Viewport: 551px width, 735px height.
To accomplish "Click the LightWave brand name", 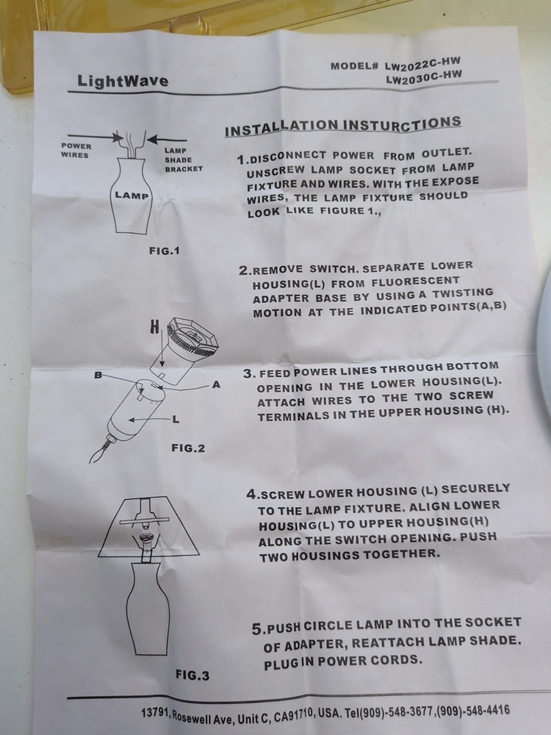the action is tap(123, 81).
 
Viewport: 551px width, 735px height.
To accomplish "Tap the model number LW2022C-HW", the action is tap(422, 63).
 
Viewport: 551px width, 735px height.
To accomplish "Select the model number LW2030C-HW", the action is tap(424, 76).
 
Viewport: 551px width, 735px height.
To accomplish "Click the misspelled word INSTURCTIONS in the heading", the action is tap(402, 124).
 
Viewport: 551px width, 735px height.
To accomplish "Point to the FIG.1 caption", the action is tap(164, 251).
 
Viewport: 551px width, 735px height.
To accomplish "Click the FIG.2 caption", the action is tap(188, 448).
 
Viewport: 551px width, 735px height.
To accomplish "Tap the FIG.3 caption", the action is tap(192, 675).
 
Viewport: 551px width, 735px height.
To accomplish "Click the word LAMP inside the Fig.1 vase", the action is tap(132, 195).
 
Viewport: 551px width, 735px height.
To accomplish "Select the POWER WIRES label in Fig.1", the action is tap(76, 151).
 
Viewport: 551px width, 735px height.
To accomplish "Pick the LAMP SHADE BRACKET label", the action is tap(183, 159).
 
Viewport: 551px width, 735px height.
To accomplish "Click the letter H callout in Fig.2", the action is tap(154, 327).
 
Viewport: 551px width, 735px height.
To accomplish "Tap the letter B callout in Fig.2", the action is tap(98, 375).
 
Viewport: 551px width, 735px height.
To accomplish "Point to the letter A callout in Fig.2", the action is tap(216, 385).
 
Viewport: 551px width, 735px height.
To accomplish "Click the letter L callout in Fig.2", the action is tap(176, 419).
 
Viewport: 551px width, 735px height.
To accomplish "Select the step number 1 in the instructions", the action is tap(241, 159).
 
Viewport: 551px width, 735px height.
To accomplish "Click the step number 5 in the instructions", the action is tap(256, 629).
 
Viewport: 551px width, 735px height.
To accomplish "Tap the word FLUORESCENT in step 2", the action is tap(415, 282).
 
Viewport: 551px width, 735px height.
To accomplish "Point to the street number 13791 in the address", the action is tap(156, 714).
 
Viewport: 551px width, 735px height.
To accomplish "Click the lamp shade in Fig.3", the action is tap(149, 526).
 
